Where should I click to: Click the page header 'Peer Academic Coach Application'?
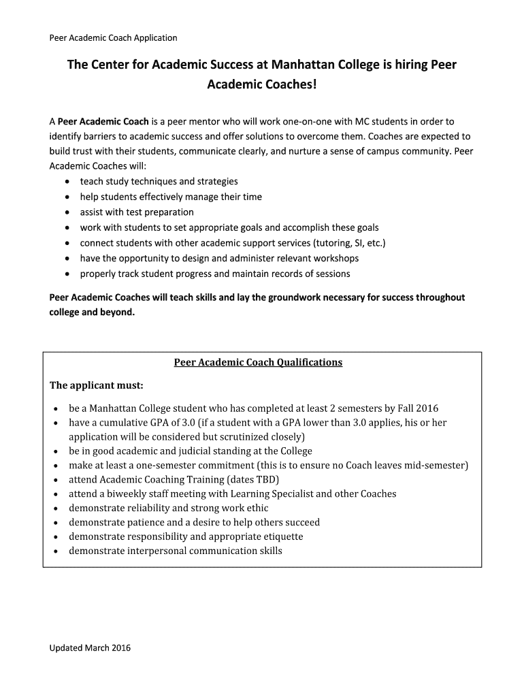[x=113, y=38]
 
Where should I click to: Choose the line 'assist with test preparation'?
[x=137, y=212]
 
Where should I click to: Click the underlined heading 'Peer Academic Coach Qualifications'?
[x=258, y=362]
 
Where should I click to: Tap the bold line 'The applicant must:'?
[x=97, y=386]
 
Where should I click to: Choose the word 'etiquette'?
[x=281, y=537]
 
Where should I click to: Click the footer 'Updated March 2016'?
[x=90, y=648]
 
